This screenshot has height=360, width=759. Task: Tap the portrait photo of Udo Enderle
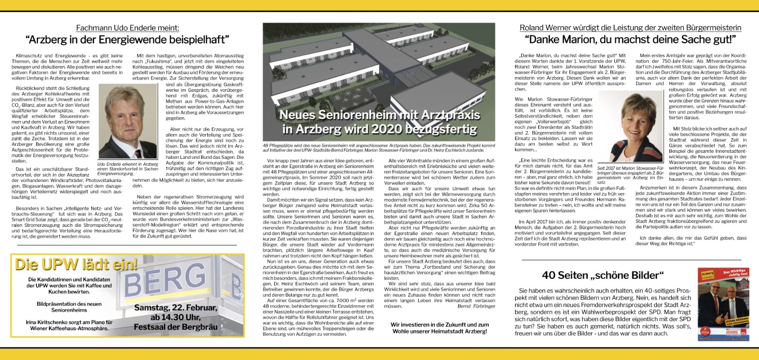pyautogui.click(x=128, y=121)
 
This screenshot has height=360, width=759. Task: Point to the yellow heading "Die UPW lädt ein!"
pyautogui.click(x=76, y=264)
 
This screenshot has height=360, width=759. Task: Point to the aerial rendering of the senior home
pyautogui.click(x=378, y=66)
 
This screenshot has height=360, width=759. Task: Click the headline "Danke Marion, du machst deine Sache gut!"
pyautogui.click(x=630, y=39)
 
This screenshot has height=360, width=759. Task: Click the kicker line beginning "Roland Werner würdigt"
pyautogui.click(x=630, y=28)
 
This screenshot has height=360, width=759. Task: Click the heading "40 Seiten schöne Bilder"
pyautogui.click(x=603, y=275)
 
